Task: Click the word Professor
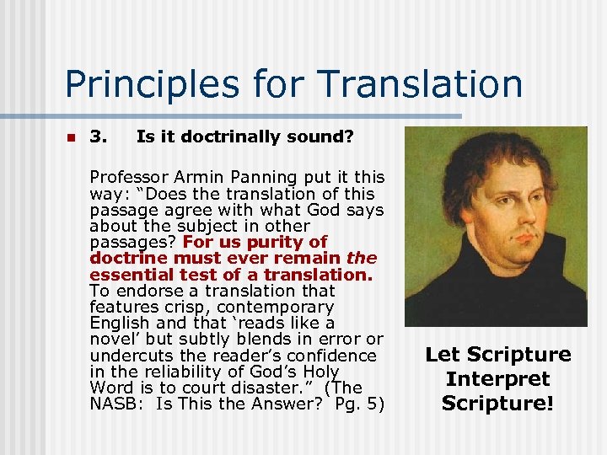pos(128,177)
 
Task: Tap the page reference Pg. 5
pos(356,404)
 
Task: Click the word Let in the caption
pos(442,355)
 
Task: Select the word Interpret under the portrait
pos(497,379)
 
